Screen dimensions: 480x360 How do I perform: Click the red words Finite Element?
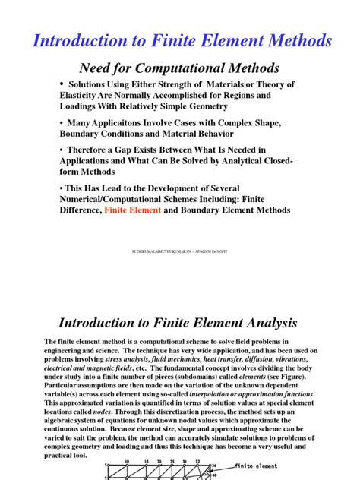[132, 210]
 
